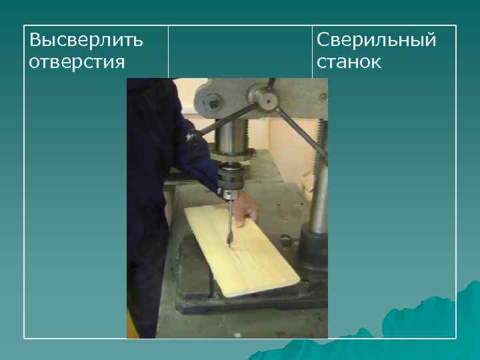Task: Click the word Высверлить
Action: [x=86, y=40]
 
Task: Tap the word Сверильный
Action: [x=377, y=40]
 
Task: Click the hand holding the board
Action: [x=245, y=208]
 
